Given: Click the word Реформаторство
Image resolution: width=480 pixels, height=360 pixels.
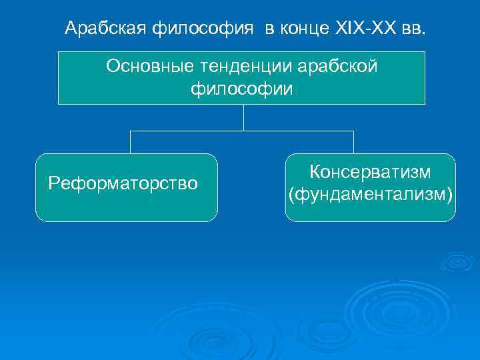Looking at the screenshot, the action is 123,183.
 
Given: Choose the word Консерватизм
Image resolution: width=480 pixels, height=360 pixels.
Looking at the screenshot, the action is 370,172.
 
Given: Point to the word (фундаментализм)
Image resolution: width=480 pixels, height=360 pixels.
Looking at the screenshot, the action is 370,194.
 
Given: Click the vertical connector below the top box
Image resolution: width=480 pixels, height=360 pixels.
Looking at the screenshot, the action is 243,117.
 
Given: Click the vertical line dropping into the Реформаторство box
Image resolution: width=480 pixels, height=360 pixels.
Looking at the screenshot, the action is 130,142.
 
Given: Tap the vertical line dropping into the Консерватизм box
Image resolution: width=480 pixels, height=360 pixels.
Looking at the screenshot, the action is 353,142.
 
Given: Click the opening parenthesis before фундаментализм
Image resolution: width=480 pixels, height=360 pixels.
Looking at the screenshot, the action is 290,195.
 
